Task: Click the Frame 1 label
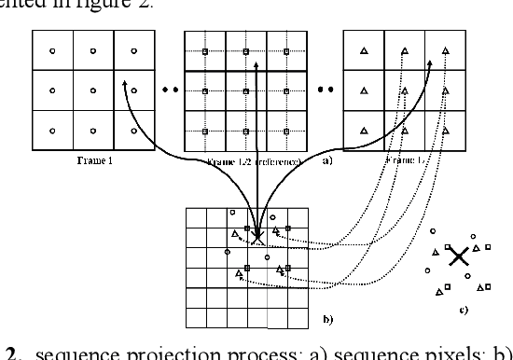point(92,160)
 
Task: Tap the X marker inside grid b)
point(257,237)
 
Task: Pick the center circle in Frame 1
point(92,90)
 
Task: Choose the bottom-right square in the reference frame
point(286,131)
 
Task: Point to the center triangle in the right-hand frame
point(404,90)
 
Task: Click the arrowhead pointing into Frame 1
point(123,82)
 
